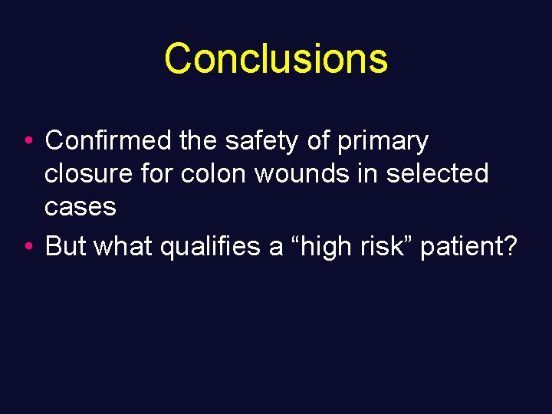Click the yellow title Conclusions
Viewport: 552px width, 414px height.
(276, 58)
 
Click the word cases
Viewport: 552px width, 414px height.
(80, 207)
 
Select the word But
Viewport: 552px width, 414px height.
(65, 246)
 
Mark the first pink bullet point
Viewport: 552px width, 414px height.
(28, 142)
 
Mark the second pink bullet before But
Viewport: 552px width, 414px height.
(28, 247)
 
